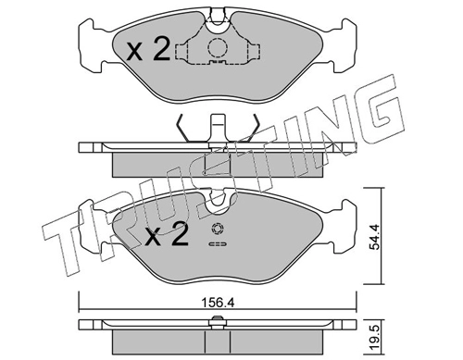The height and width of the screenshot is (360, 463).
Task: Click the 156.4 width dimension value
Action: [x=218, y=303]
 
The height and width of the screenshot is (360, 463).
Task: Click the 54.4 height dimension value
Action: [x=376, y=236]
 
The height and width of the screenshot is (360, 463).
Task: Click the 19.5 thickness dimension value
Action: [x=376, y=339]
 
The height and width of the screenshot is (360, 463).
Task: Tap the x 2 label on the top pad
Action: [x=148, y=49]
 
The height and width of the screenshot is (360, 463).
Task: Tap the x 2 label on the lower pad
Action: [x=167, y=234]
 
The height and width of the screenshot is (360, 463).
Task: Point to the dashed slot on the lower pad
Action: [x=218, y=244]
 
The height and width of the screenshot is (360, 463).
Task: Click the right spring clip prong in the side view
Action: [x=254, y=129]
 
